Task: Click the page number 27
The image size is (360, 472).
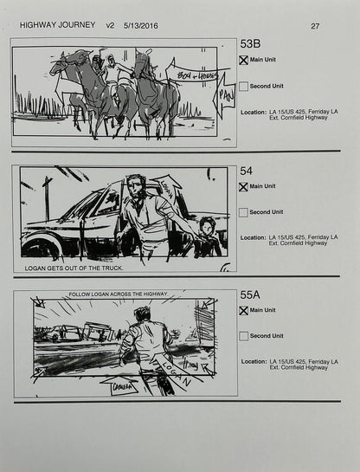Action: [314, 26]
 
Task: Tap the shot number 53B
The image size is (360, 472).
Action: [253, 44]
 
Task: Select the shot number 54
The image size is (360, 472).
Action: [247, 171]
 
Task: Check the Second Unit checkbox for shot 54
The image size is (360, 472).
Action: [244, 212]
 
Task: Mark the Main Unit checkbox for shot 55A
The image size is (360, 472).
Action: [244, 311]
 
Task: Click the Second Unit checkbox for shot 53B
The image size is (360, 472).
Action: [244, 87]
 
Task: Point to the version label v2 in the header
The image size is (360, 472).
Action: [109, 26]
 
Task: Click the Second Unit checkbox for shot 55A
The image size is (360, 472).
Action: [244, 336]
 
